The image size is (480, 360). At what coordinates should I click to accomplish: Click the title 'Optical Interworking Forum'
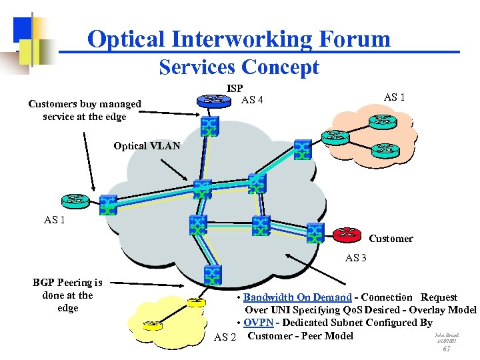(x=239, y=39)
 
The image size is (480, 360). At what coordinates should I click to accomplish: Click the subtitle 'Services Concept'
(x=239, y=67)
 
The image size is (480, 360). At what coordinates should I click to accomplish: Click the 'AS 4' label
(x=252, y=101)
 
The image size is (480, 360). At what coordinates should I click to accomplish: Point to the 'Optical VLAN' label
(x=147, y=146)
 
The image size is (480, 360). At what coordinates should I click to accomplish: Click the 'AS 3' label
(x=356, y=258)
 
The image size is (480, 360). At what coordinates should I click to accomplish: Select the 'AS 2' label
(x=225, y=337)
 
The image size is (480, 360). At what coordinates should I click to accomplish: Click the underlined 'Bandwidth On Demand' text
(x=297, y=297)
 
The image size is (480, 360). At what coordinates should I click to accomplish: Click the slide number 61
(x=447, y=349)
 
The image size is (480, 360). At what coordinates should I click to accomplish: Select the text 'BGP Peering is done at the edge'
(x=67, y=295)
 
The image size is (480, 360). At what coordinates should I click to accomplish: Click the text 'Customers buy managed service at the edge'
(x=85, y=110)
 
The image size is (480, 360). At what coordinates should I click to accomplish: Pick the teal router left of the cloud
(x=75, y=199)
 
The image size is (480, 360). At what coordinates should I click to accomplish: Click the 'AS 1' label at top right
(x=395, y=97)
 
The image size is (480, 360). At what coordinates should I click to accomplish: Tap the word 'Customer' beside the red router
(x=391, y=239)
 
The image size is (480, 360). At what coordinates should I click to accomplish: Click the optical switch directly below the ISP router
(x=209, y=125)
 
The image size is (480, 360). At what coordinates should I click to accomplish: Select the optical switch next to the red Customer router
(x=315, y=233)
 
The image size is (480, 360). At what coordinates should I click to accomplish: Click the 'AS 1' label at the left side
(x=55, y=219)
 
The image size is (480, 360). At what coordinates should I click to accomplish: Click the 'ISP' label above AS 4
(x=235, y=88)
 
